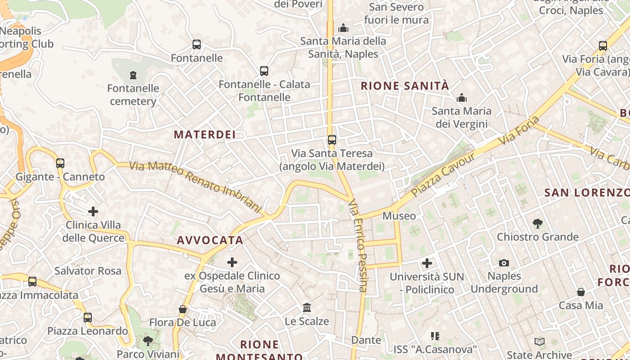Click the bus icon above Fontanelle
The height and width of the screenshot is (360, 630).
click(x=197, y=45)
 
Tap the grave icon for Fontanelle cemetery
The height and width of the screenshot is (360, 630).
click(x=133, y=75)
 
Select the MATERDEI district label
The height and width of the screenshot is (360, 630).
click(x=205, y=135)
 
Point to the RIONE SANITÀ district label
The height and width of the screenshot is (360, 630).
click(x=405, y=86)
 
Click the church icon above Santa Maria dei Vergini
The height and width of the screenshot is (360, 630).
click(x=461, y=98)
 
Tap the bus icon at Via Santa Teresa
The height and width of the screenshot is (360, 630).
click(x=332, y=140)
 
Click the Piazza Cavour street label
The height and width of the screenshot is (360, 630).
click(x=443, y=175)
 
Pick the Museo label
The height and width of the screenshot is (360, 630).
click(x=399, y=216)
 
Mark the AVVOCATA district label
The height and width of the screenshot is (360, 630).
click(x=210, y=240)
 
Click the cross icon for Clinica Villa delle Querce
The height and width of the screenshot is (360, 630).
click(x=93, y=211)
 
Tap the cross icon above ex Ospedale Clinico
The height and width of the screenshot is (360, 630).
click(x=232, y=262)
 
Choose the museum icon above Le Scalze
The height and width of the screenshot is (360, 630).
click(x=307, y=308)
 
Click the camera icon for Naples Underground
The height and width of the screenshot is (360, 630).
click(x=504, y=263)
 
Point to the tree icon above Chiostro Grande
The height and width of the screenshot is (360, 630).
click(x=537, y=223)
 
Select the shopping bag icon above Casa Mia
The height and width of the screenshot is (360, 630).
click(x=581, y=292)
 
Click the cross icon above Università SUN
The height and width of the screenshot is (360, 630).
click(x=427, y=263)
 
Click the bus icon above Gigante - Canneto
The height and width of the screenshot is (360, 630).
click(x=60, y=163)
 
